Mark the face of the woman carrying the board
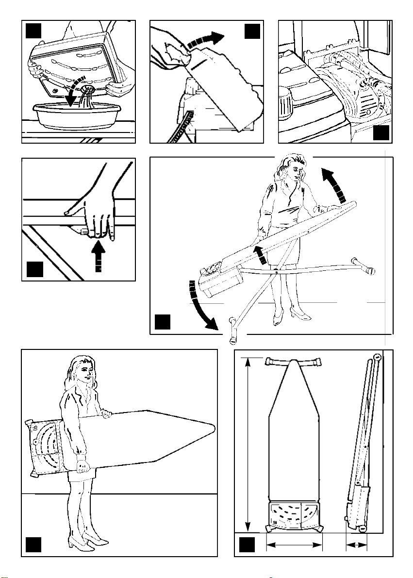pyautogui.click(x=87, y=373)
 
